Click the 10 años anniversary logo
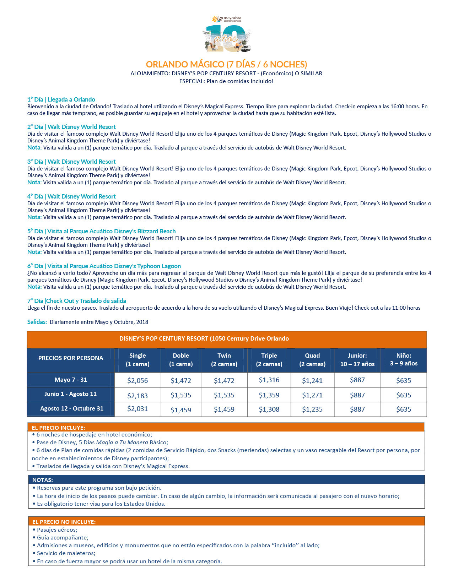pyautogui.click(x=226, y=35)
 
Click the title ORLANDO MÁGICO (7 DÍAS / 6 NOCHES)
pyautogui.click(x=226, y=64)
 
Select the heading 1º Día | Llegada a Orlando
pyautogui.click(x=61, y=99)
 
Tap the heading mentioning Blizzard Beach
pyautogui.click(x=101, y=231)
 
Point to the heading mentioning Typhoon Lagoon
pyautogui.click(x=104, y=266)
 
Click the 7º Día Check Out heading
pyautogui.click(x=76, y=301)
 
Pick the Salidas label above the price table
pyautogui.click(x=37, y=322)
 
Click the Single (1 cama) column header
pyautogui.click(x=137, y=359)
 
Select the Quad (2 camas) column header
pyautogui.click(x=312, y=359)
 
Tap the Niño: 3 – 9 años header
pyautogui.click(x=404, y=359)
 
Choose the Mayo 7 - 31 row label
pyautogui.click(x=71, y=380)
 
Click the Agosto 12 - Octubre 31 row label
pyautogui.click(x=71, y=408)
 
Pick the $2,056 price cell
pyautogui.click(x=137, y=380)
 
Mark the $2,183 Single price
pyautogui.click(x=137, y=395)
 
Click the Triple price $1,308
pyautogui.click(x=269, y=409)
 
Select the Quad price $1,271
pyautogui.click(x=312, y=395)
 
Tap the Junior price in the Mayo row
pyautogui.click(x=357, y=380)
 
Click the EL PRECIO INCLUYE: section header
pyautogui.click(x=58, y=428)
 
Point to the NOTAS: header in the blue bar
pyautogui.click(x=43, y=480)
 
